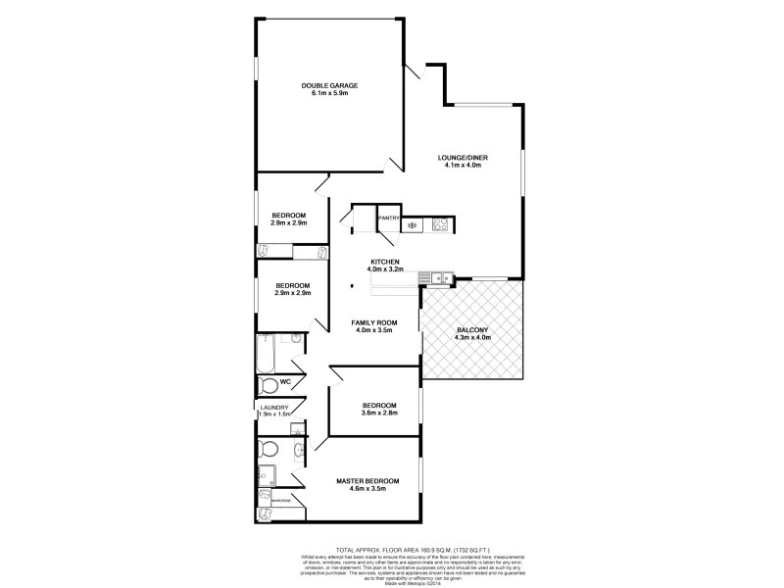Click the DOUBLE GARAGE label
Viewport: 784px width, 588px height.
(x=330, y=86)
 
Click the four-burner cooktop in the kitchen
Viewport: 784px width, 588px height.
(x=440, y=223)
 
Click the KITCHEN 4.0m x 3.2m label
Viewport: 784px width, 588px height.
(x=384, y=266)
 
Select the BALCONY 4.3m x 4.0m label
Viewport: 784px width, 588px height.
(x=472, y=333)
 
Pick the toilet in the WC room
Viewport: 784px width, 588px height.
(x=268, y=383)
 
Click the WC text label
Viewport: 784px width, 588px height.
(x=286, y=381)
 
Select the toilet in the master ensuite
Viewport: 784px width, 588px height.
(x=268, y=451)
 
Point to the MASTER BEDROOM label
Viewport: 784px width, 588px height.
(x=367, y=480)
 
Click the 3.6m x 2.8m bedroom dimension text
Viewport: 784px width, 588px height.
(x=378, y=414)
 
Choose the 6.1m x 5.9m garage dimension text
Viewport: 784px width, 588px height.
(x=330, y=93)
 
